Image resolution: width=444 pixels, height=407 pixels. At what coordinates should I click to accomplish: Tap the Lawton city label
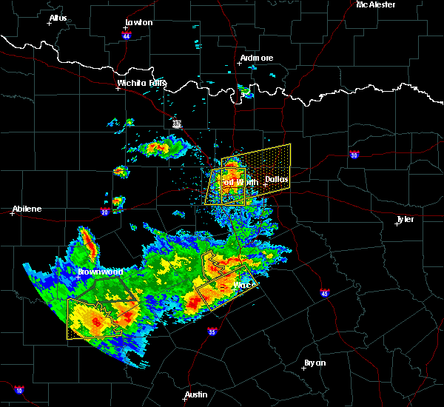138,22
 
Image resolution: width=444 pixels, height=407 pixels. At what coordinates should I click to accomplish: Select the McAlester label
375,4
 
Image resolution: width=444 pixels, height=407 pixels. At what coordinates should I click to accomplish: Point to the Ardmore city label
256,58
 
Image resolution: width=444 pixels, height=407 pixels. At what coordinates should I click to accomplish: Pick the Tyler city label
405,219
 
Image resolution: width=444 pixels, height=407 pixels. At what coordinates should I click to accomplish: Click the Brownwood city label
100,272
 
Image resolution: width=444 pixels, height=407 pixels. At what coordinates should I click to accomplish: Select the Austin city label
196,394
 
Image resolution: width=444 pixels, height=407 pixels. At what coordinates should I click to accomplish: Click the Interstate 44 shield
127,35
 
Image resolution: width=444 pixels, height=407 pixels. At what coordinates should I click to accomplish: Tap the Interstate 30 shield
354,155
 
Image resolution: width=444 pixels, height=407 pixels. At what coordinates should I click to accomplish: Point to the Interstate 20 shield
105,212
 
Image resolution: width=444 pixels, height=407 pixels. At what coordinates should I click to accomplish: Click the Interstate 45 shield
324,295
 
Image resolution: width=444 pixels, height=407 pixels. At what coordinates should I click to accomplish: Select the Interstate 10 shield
18,389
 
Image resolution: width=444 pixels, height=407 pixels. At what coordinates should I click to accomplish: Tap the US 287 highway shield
177,124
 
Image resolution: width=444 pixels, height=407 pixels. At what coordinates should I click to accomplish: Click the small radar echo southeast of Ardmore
245,92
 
